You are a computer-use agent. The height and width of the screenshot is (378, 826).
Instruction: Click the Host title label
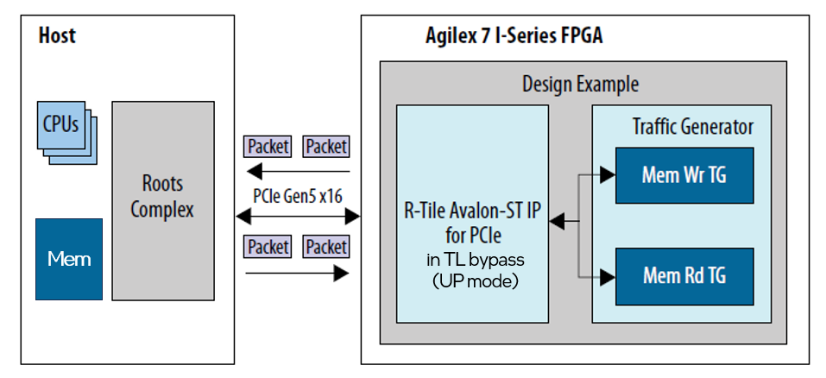(x=57, y=35)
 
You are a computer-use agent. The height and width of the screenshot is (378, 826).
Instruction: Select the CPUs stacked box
(x=61, y=124)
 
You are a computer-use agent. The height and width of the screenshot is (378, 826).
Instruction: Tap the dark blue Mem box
(x=69, y=259)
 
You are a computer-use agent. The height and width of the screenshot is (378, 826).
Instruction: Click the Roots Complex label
(x=162, y=197)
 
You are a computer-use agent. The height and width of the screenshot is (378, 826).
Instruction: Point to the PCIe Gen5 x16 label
(x=297, y=196)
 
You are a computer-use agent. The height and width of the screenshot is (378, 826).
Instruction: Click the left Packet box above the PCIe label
(x=268, y=147)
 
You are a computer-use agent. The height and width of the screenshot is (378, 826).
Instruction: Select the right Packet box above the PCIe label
(x=326, y=147)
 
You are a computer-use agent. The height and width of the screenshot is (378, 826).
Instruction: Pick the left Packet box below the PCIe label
(x=268, y=247)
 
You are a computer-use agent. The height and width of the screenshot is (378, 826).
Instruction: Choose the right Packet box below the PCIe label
(x=326, y=247)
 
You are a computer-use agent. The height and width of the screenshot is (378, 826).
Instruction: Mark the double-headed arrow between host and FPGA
(x=298, y=216)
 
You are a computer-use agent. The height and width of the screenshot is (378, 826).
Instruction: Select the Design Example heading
(x=580, y=85)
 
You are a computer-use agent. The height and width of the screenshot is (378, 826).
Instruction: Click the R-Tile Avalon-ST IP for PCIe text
(x=472, y=222)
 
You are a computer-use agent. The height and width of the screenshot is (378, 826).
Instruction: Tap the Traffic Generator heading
(x=692, y=127)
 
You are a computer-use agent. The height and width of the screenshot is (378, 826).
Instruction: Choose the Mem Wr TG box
(x=684, y=175)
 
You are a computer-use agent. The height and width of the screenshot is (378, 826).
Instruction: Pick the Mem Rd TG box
(x=684, y=276)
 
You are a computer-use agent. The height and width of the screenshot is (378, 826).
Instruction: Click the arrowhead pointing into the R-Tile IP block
(x=558, y=224)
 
